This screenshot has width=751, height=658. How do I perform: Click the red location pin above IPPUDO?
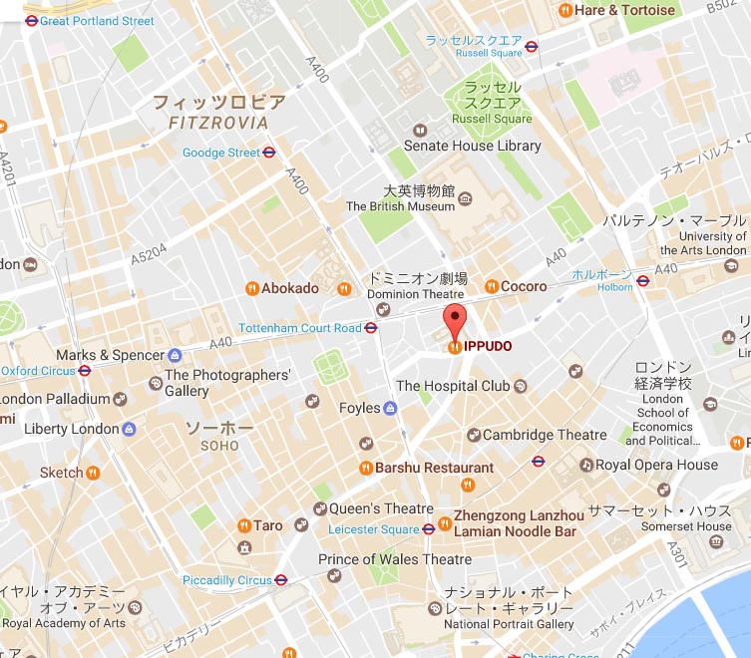point(455,322)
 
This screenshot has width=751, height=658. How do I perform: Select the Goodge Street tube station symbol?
point(269,153)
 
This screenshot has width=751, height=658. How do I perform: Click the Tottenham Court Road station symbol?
point(371,328)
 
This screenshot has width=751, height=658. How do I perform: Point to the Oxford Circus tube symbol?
point(85,371)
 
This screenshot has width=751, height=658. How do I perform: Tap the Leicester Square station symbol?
point(429,529)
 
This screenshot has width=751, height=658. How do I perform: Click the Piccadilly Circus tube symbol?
point(281,580)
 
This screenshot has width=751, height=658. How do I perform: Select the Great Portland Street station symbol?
point(31,20)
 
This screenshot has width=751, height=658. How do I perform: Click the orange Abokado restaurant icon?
point(251,288)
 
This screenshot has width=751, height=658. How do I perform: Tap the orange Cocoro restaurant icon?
point(491,286)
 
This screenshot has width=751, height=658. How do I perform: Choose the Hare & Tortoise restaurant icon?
point(565,10)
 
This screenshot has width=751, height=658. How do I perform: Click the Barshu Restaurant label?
point(434,468)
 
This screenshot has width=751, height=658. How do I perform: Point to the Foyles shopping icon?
point(390,408)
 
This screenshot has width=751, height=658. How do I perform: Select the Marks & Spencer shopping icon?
point(176,355)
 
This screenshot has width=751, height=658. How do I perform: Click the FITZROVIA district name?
point(219,123)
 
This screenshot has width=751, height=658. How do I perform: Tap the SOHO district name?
point(219,445)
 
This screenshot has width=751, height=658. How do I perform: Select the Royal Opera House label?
point(656,465)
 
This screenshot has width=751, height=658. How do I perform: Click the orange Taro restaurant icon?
point(244,525)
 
